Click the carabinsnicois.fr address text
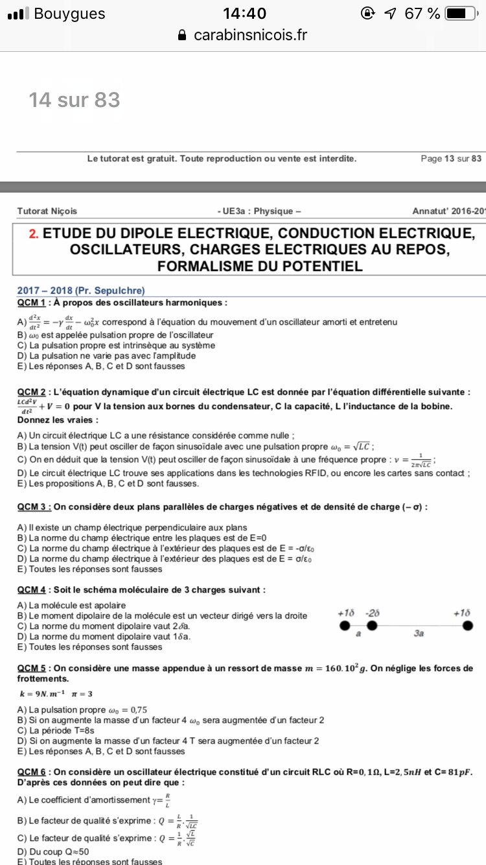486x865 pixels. click(250, 35)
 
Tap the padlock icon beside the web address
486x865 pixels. click(182, 35)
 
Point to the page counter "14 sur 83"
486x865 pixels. click(75, 100)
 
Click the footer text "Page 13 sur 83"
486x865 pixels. click(451, 159)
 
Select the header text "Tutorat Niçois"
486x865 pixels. click(47, 211)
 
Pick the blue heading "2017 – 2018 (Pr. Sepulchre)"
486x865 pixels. click(81, 291)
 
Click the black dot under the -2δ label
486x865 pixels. click(372, 626)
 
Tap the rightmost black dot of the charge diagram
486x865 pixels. click(467, 626)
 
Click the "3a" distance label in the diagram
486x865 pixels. click(419, 634)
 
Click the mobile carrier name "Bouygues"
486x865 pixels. click(69, 14)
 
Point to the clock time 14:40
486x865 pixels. click(244, 14)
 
